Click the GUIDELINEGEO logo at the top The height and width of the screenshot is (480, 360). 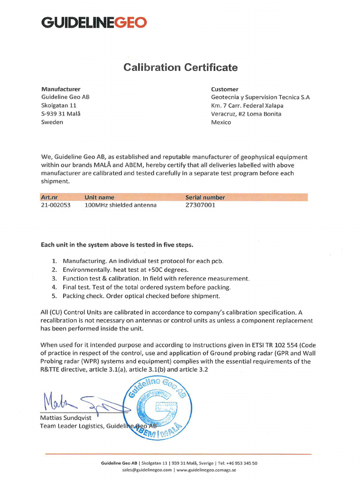tap(94, 22)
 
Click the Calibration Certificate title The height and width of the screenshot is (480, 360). tap(180, 67)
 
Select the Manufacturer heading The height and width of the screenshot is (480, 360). tap(61, 89)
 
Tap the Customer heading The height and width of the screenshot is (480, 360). tap(225, 89)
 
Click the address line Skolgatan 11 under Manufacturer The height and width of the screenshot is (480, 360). tap(59, 105)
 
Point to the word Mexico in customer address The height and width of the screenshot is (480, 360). tap(221, 122)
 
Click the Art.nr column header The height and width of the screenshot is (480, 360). tap(50, 197)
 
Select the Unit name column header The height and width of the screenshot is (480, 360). tap(99, 197)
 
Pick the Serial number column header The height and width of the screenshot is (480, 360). tap(205, 197)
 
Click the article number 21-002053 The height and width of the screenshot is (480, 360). tap(56, 205)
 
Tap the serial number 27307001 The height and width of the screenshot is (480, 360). tap(201, 205)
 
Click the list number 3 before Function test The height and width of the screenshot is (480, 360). tap(54, 278)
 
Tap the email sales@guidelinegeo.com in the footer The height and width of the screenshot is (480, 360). tap(147, 469)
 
